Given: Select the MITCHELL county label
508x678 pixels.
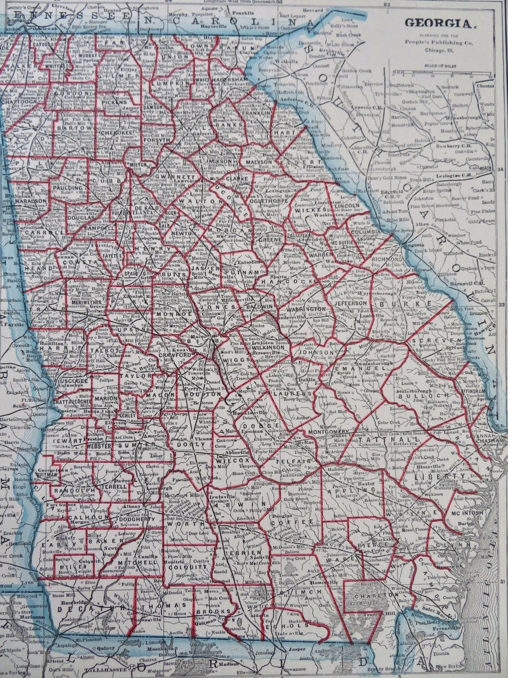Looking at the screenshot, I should [137, 563].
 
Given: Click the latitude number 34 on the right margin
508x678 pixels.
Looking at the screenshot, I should [501, 169].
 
